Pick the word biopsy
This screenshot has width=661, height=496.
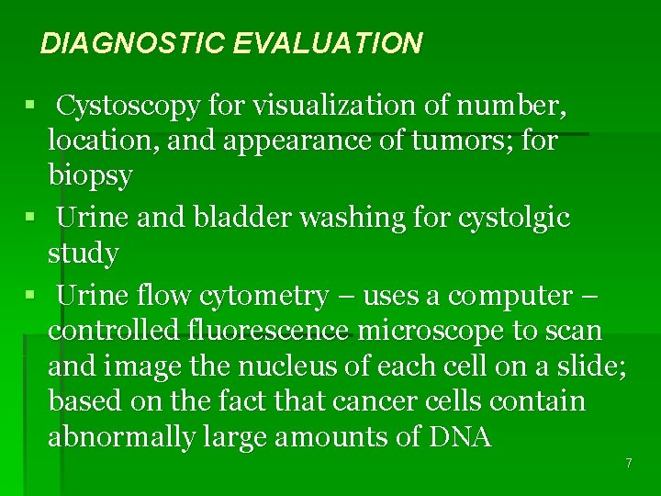(90, 175)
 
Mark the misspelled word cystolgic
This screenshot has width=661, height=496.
(508, 218)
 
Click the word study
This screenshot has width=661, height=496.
(83, 253)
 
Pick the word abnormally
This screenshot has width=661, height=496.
(120, 436)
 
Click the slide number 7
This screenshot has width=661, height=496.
(629, 463)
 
